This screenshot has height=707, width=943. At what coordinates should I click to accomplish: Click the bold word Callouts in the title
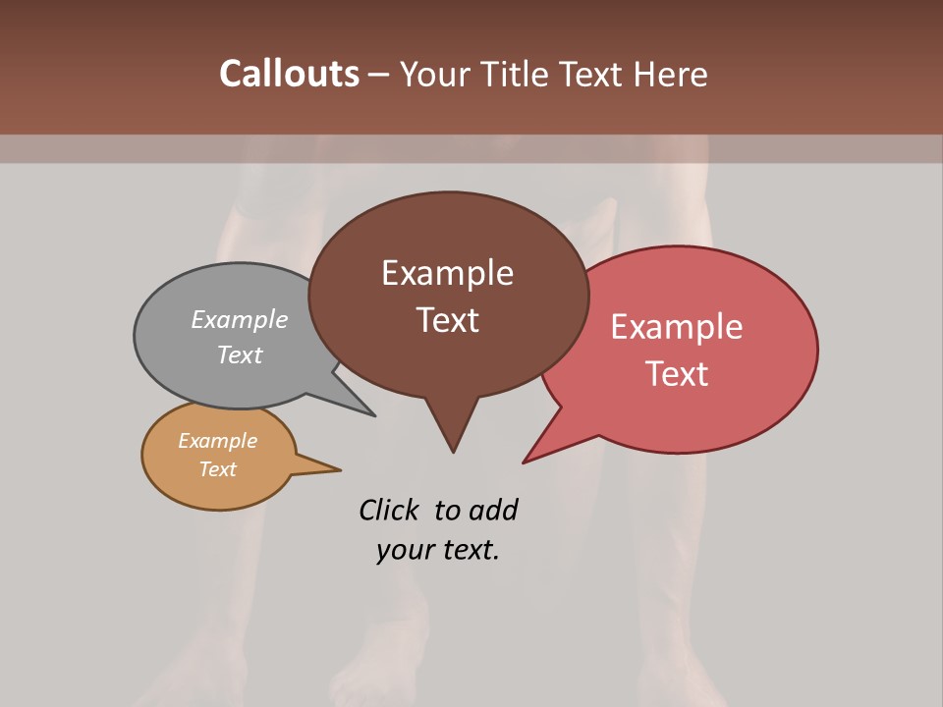(289, 74)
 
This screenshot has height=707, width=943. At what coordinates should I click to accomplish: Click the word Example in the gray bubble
(240, 319)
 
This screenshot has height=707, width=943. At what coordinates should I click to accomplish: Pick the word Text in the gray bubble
(240, 354)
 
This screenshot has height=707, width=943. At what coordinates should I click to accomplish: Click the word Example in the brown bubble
(447, 273)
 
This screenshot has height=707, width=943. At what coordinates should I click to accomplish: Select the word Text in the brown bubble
(447, 320)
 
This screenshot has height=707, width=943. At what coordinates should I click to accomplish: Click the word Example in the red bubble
(677, 327)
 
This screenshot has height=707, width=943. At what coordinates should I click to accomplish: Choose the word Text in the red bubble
(677, 374)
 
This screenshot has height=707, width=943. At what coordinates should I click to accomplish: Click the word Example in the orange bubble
(217, 441)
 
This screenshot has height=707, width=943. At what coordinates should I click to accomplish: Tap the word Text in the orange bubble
(217, 469)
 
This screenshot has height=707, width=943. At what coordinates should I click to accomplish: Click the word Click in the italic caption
(389, 510)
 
